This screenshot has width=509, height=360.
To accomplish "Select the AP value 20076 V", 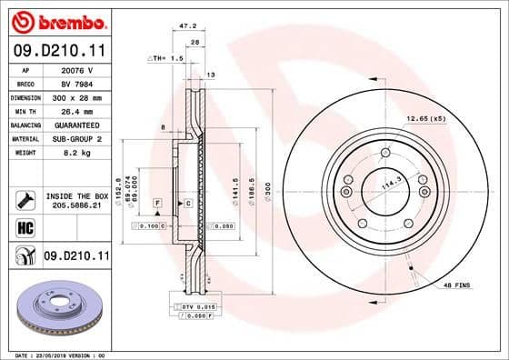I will [x=76, y=68].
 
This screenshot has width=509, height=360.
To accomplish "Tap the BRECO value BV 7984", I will [x=76, y=82].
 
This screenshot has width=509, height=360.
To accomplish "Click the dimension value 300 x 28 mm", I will [x=76, y=96].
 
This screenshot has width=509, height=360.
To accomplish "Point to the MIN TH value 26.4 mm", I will [x=76, y=110].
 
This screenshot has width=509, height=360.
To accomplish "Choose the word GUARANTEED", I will [x=76, y=125].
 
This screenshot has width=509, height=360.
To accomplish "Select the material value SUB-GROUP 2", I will [x=76, y=138].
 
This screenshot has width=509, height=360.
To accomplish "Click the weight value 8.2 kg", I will [x=76, y=153].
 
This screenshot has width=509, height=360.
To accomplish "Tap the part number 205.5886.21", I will [x=77, y=206].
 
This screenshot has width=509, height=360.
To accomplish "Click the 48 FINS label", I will [x=456, y=285].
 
